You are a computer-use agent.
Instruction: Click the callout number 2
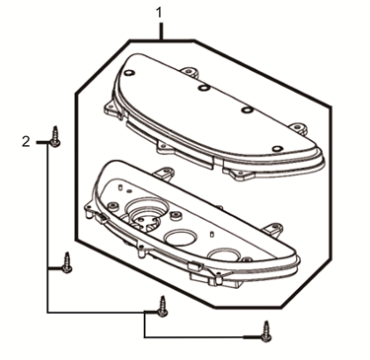tap(26, 142)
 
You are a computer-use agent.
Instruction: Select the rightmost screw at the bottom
tap(265, 333)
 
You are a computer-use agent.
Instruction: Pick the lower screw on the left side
tap(66, 261)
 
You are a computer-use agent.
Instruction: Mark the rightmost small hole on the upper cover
tap(277, 149)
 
